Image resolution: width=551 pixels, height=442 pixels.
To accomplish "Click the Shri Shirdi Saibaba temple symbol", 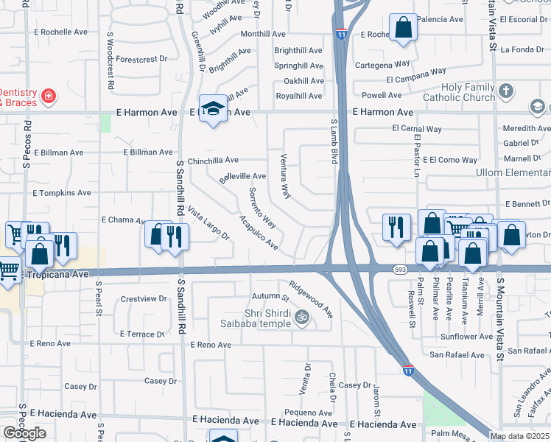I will [301, 318].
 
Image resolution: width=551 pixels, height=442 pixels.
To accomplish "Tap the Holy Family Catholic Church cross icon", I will [505, 91].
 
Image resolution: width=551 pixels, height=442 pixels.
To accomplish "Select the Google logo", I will [24, 433].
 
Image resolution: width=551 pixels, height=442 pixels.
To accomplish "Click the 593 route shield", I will [400, 270].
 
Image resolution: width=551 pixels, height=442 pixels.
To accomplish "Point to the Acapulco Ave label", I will [259, 232].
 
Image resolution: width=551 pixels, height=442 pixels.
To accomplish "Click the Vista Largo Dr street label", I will [208, 223].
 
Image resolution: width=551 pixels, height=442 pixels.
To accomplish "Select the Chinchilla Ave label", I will [213, 160].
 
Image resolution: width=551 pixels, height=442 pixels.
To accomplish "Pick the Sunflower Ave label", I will [466, 337].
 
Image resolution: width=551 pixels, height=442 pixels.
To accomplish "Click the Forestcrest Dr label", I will [142, 59].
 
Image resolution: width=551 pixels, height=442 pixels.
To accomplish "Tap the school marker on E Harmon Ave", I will [213, 109].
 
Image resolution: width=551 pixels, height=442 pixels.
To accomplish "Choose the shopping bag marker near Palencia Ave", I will [403, 28].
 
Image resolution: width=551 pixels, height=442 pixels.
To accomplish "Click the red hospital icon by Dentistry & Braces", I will [48, 95].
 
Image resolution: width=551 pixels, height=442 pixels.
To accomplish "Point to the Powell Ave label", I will [382, 95].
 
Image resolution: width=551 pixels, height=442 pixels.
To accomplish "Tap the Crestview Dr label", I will [144, 299].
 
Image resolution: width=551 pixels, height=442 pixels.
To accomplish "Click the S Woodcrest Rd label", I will [110, 60].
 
